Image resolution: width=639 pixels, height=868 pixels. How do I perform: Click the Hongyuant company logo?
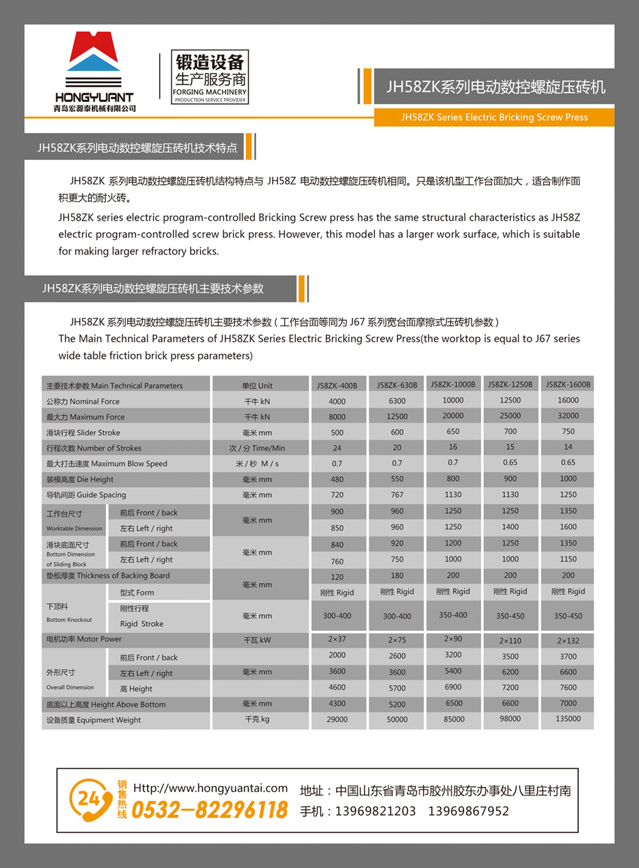click(x=94, y=71)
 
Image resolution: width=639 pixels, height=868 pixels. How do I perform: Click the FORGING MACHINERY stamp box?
click(x=210, y=77)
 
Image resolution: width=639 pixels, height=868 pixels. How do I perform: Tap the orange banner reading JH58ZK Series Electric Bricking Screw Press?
click(x=494, y=117)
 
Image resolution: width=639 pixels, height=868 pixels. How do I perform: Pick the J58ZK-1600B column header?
click(x=567, y=384)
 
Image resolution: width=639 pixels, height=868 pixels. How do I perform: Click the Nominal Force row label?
click(x=83, y=402)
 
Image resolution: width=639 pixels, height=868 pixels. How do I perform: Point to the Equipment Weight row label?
click(x=93, y=720)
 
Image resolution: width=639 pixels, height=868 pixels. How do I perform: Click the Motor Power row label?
click(x=84, y=640)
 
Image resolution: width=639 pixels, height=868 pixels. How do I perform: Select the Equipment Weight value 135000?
click(x=567, y=719)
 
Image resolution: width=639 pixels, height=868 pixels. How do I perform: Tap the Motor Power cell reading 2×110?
click(x=510, y=640)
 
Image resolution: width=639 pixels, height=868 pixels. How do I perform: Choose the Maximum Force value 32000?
click(x=567, y=416)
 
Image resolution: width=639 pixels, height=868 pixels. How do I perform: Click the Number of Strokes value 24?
click(x=337, y=448)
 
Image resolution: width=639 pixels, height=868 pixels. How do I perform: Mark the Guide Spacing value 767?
click(x=397, y=495)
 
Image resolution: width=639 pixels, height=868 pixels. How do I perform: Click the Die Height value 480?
click(x=337, y=480)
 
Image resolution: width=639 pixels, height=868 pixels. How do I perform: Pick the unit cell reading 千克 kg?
click(x=257, y=720)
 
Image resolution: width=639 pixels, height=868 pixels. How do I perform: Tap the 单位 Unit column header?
click(x=257, y=386)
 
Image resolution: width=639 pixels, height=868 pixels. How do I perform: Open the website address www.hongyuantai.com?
click(x=210, y=788)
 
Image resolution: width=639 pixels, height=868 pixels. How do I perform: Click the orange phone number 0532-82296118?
click(x=210, y=810)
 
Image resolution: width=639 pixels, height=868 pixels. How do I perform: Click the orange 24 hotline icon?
click(x=90, y=800)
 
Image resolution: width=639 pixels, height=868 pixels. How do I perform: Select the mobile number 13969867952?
click(x=468, y=811)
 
